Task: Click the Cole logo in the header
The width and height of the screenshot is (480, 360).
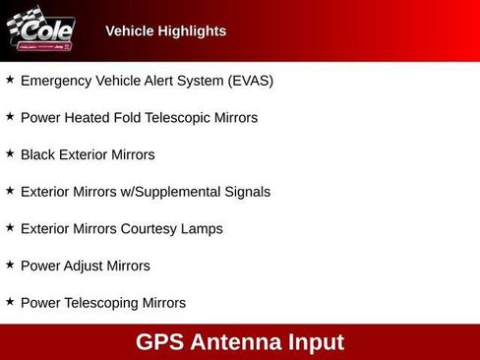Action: [x=40, y=30]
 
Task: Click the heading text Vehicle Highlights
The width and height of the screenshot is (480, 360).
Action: [x=165, y=31]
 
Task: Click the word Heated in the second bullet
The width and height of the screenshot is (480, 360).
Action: [x=91, y=118]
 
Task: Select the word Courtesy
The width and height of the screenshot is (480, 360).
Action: [x=150, y=229]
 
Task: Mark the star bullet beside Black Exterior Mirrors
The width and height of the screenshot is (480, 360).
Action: [x=10, y=153]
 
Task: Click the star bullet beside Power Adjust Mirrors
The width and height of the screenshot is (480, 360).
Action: [x=10, y=265]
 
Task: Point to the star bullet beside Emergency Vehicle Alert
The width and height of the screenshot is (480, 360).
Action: [x=10, y=80]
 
